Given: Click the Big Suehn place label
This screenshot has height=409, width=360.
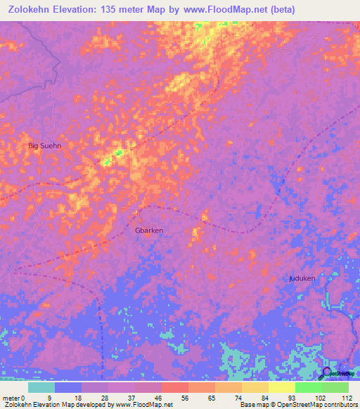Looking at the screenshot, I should (x=44, y=146).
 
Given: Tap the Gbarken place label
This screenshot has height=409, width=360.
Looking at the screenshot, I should (x=148, y=230).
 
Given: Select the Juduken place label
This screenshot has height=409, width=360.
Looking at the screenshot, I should (x=302, y=278).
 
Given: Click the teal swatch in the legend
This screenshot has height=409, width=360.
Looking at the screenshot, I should (x=41, y=387).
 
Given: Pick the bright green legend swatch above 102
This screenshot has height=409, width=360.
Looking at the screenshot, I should (x=309, y=387).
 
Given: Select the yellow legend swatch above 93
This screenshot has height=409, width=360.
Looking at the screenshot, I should (x=282, y=387).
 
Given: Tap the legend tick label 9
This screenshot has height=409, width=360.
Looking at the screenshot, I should (x=49, y=397).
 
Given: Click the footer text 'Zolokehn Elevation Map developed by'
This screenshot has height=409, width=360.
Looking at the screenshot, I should (x=58, y=405).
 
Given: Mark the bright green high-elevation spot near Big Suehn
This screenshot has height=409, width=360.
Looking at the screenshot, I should (x=108, y=161).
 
